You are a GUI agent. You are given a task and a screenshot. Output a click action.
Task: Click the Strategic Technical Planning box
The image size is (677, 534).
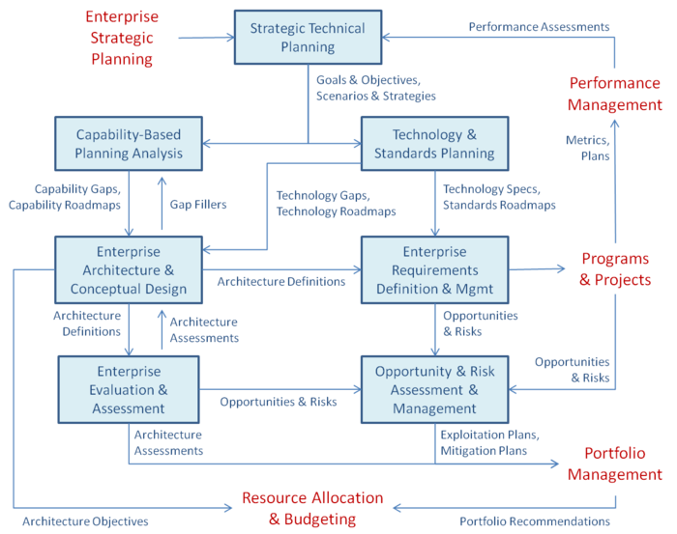[308, 38]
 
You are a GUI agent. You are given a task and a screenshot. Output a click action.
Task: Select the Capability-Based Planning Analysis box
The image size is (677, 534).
[129, 144]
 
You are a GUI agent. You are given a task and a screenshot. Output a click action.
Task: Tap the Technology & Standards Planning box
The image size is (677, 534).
[435, 144]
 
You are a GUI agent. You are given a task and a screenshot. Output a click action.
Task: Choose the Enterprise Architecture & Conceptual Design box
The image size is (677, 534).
[129, 269]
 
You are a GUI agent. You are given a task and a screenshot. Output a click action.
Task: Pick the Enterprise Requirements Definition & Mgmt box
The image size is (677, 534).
[435, 269]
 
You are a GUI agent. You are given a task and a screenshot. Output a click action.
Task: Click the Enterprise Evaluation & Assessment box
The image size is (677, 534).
[129, 389]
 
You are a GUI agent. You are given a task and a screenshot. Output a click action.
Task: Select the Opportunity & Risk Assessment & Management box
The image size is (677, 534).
[435, 389]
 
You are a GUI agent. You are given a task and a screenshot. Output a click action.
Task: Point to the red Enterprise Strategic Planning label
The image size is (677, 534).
[122, 38]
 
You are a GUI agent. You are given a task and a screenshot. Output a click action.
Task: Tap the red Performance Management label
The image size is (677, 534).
[615, 94]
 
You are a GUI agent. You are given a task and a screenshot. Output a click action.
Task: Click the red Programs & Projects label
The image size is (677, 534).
[615, 269]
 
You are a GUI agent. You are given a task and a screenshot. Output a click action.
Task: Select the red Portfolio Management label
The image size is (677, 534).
[615, 464]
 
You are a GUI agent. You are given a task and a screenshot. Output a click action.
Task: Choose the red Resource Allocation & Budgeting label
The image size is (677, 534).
[312, 508]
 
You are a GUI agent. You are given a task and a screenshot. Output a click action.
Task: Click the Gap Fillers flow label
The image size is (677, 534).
[198, 205]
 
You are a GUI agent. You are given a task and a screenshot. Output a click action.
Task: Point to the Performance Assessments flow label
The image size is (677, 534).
[540, 27]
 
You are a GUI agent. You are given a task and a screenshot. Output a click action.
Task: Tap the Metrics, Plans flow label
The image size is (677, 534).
[588, 148]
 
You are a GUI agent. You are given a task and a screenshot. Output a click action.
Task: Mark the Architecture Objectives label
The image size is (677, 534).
[85, 521]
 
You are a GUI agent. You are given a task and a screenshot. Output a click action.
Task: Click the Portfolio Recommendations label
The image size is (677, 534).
[535, 521]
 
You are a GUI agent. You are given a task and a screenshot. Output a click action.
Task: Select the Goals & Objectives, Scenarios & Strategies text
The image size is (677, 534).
[376, 88]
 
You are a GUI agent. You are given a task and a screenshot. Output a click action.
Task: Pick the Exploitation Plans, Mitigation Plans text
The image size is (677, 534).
[490, 442]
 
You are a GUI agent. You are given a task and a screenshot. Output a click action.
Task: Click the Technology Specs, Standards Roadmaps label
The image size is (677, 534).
[500, 197]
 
